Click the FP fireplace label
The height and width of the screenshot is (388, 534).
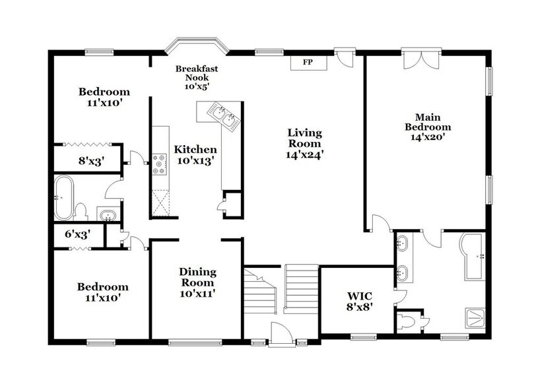click(x=307, y=63)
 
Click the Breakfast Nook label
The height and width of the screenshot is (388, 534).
click(x=197, y=77)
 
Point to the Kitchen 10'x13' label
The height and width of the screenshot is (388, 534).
click(x=195, y=155)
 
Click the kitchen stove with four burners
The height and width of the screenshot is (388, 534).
click(x=160, y=163)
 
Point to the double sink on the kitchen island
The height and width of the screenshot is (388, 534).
click(x=223, y=116)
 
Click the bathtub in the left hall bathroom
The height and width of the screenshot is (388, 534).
click(x=64, y=197)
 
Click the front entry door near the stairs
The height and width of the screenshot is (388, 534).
click(x=282, y=333)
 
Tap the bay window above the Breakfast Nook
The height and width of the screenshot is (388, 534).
click(x=197, y=46)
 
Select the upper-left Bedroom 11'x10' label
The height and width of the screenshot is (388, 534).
click(x=104, y=97)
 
